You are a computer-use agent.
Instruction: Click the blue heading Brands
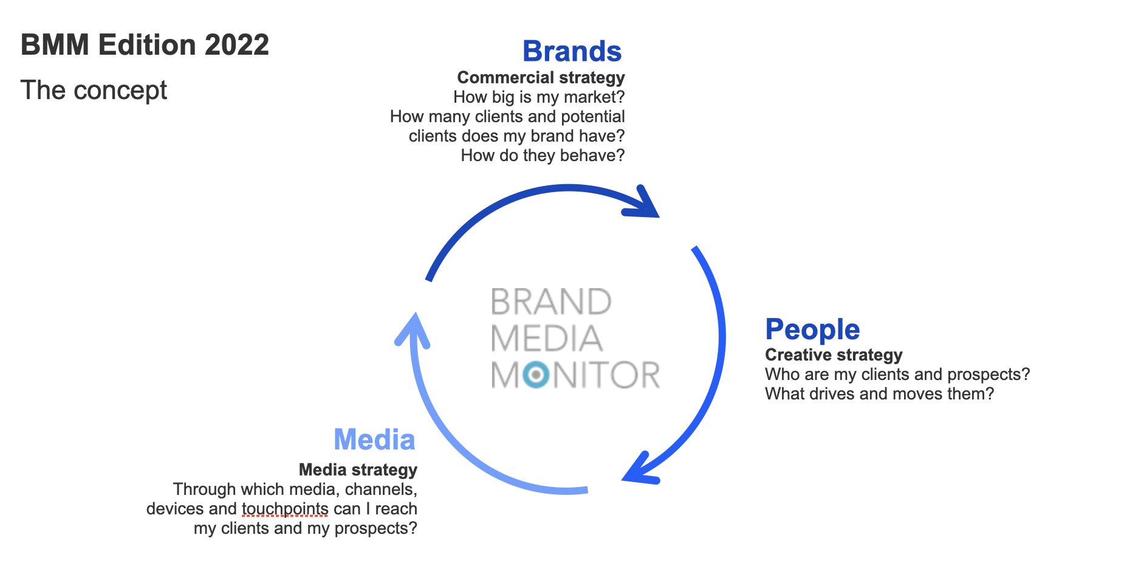click(x=572, y=51)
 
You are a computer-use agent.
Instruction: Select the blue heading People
click(x=812, y=330)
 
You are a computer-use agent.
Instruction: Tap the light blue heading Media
click(x=374, y=440)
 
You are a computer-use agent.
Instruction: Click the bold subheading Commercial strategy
click(x=541, y=78)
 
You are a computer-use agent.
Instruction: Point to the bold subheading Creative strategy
click(x=834, y=355)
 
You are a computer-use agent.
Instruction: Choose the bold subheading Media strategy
click(x=358, y=470)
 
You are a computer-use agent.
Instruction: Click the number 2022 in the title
click(x=237, y=45)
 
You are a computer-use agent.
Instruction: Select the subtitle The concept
click(x=94, y=91)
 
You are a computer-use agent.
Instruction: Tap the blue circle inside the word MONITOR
click(x=535, y=375)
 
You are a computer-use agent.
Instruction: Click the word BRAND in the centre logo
click(x=551, y=302)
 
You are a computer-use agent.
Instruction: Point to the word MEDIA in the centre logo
click(x=547, y=339)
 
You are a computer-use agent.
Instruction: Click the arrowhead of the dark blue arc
click(x=643, y=202)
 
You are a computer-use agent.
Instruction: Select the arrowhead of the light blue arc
click(x=413, y=330)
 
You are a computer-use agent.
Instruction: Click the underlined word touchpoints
click(x=285, y=509)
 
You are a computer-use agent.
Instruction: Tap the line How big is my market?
click(x=539, y=97)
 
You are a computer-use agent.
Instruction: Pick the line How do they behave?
click(x=543, y=156)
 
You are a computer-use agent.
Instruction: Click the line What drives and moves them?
click(x=880, y=394)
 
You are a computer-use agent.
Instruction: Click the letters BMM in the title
click(x=55, y=45)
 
